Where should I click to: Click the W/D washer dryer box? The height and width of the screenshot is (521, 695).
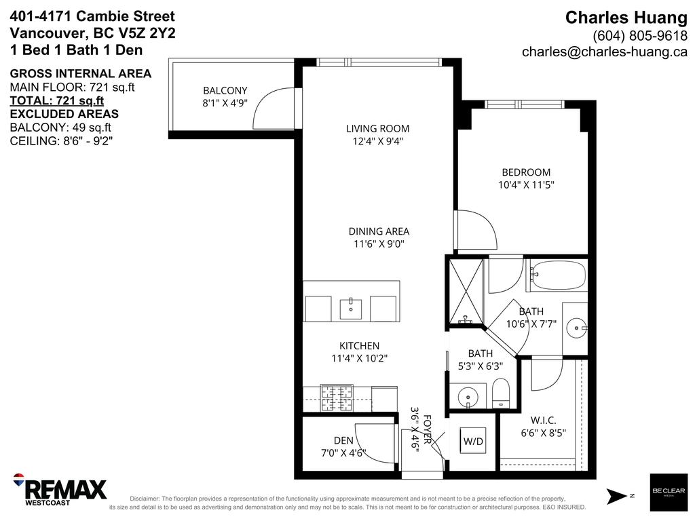(472, 442)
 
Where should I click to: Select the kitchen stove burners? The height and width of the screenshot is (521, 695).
(337, 398)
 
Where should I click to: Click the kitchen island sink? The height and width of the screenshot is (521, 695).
(352, 309)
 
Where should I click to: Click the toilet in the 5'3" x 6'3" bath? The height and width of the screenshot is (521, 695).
(500, 394)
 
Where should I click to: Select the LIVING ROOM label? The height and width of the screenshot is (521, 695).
(377, 128)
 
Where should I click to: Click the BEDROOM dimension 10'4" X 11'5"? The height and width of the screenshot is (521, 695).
(526, 185)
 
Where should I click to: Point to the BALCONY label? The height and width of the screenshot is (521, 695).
(225, 90)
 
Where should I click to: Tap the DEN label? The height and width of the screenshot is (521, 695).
(343, 440)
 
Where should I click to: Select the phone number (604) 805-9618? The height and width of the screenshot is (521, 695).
(639, 35)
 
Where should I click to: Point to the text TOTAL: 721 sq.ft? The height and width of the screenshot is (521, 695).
(56, 101)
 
